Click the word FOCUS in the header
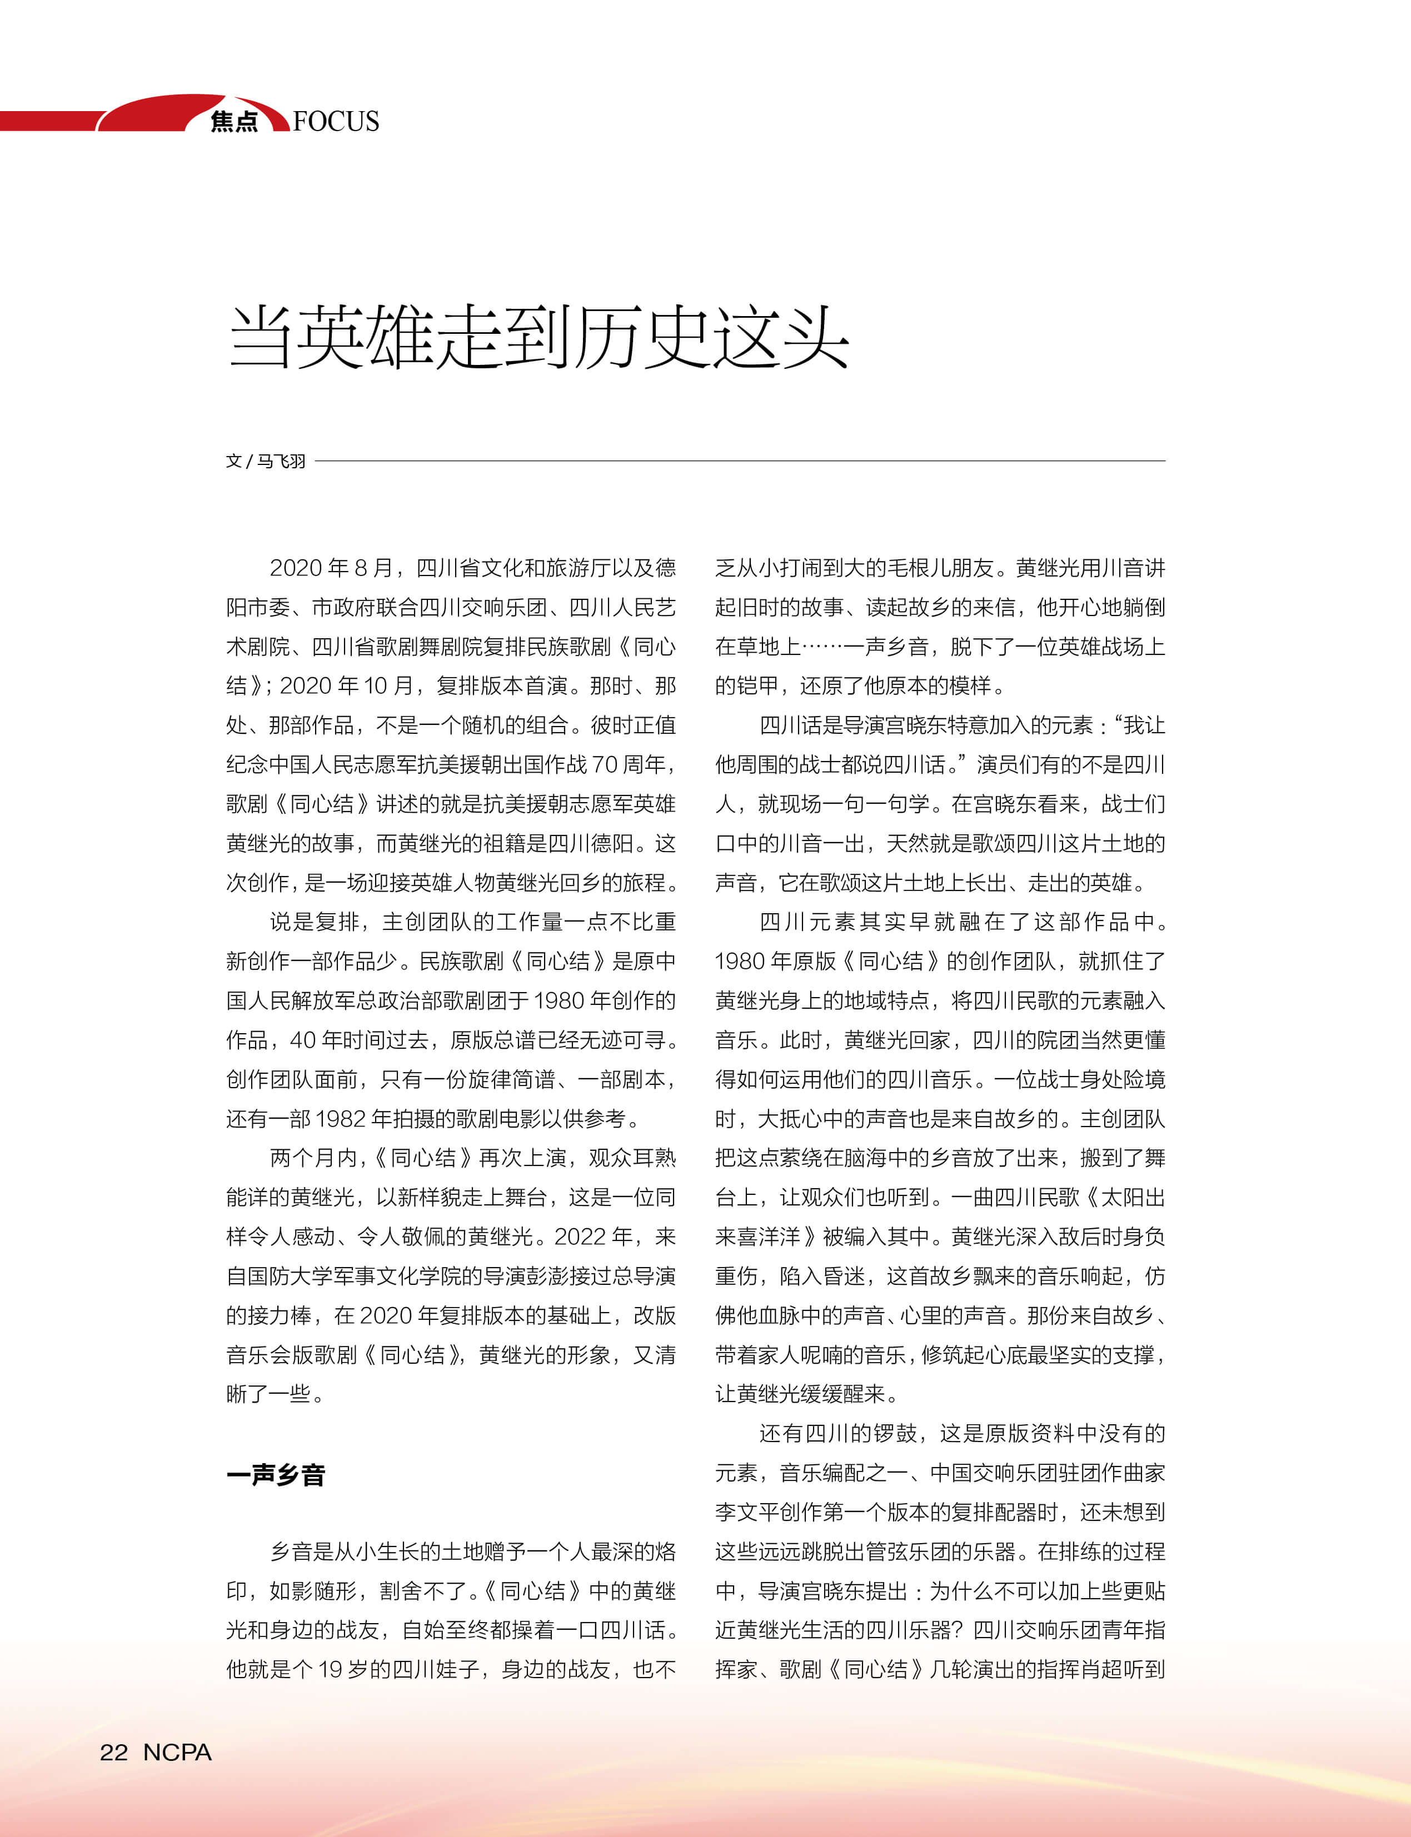(x=336, y=121)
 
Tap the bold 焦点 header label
(x=235, y=122)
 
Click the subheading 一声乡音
(x=276, y=1475)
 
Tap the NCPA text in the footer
(x=177, y=1752)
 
